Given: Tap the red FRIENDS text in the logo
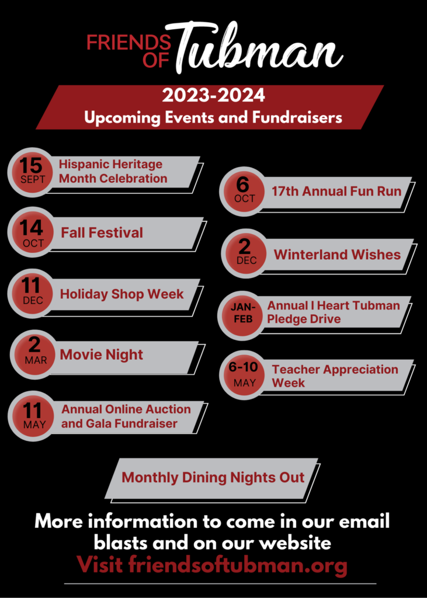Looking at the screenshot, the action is [x=129, y=43].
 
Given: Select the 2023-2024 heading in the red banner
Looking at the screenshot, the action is [x=213, y=95].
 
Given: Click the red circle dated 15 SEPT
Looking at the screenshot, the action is [x=33, y=172].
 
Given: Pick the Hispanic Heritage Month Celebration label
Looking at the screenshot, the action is [x=113, y=171].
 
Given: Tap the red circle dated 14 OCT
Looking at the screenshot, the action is [x=33, y=232].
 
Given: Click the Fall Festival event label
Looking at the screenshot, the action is [x=102, y=232].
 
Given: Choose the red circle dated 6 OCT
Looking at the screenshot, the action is [x=244, y=192].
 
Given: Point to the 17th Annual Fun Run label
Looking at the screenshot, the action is [x=336, y=191].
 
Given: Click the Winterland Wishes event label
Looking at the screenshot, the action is [x=337, y=255].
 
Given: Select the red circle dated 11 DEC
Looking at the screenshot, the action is [x=33, y=293].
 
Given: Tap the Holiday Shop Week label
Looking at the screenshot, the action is [x=121, y=294].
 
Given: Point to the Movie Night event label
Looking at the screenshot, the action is [x=102, y=354].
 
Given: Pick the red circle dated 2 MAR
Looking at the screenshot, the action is [x=34, y=354].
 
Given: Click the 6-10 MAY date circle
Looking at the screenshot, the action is [x=244, y=375].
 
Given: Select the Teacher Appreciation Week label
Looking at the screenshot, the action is [x=335, y=376].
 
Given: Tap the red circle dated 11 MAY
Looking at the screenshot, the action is [x=33, y=416].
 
